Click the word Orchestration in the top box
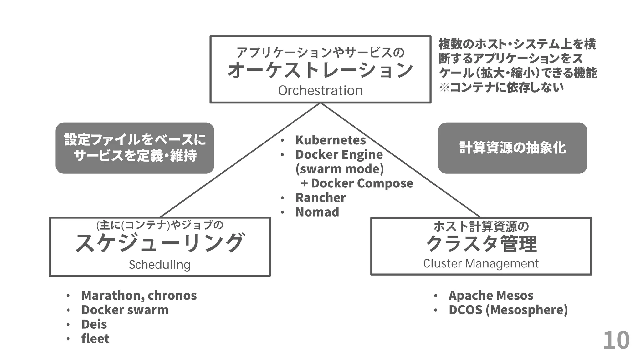tap(320, 91)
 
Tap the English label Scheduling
tap(160, 265)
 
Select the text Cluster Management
tap(481, 263)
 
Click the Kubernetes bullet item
tap(331, 140)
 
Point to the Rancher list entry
tap(320, 197)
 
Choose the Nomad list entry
tap(317, 212)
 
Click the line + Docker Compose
tap(357, 183)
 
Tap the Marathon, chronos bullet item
tap(139, 295)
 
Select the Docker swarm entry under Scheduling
tap(125, 310)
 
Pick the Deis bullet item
tap(94, 324)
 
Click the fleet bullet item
tap(95, 338)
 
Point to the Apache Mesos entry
tap(491, 295)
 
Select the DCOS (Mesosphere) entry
tap(508, 310)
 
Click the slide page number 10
tap(616, 340)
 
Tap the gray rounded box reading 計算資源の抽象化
tap(512, 148)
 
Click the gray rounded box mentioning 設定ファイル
tap(135, 148)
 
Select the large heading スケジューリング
tap(160, 243)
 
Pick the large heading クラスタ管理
tap(481, 244)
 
